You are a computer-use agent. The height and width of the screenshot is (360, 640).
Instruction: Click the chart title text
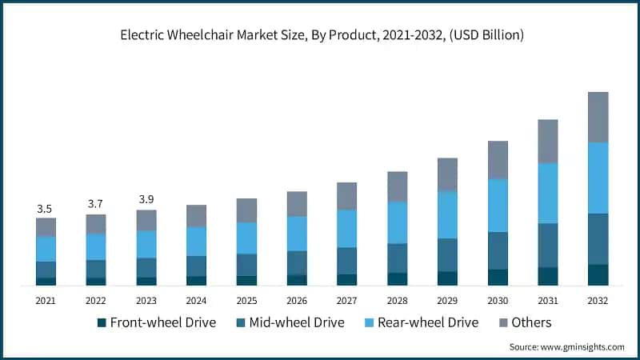click(x=319, y=34)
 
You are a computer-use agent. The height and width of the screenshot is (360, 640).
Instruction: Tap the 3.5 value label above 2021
click(x=46, y=209)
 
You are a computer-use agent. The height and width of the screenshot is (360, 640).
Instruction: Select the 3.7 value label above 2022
click(x=96, y=205)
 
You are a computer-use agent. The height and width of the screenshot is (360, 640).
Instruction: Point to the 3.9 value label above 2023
click(x=146, y=199)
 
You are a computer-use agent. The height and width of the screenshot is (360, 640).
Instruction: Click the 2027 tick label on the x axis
click(x=346, y=301)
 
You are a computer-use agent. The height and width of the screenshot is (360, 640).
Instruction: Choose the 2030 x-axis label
click(x=497, y=301)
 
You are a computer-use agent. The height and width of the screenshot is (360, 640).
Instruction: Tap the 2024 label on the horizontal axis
click(x=196, y=301)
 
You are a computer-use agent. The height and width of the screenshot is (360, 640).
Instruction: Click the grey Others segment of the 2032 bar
click(x=598, y=117)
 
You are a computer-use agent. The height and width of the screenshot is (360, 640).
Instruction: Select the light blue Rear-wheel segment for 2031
click(x=547, y=193)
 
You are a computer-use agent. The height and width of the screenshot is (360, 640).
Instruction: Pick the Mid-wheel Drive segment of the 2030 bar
click(x=498, y=250)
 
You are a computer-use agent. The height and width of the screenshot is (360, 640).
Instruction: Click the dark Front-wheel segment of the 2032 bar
click(x=598, y=274)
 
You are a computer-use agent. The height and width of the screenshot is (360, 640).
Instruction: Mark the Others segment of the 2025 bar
click(x=246, y=210)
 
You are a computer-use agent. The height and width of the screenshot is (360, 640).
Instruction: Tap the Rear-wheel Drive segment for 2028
click(x=397, y=222)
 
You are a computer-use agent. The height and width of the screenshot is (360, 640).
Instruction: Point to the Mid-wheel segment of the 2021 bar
click(x=46, y=270)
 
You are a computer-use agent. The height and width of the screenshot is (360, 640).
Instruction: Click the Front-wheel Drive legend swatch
click(x=102, y=323)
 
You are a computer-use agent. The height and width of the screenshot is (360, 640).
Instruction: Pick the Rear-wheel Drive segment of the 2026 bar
click(x=297, y=234)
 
